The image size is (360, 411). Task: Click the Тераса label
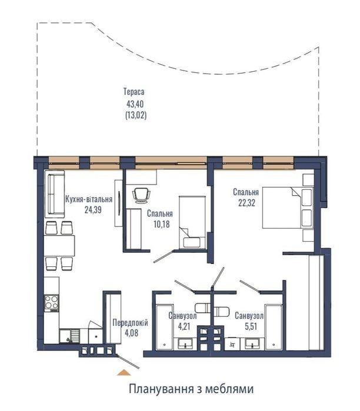coord(134,92)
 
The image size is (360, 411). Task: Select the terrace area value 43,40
coord(135,104)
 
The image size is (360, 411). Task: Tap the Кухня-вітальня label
coord(89,199)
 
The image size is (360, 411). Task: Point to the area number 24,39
coord(93,210)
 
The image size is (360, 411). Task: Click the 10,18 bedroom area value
coord(162,224)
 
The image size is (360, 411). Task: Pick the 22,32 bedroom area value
coord(246,203)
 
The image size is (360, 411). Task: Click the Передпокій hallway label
coord(131,323)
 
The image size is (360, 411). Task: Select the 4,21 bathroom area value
coord(184,327)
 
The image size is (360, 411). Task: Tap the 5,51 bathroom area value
coord(251,327)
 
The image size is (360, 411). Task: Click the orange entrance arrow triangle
coord(124,373)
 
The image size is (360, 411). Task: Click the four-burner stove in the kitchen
coord(51,303)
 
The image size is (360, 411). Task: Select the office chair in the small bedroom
coord(142,195)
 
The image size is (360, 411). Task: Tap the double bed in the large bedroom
coord(288,208)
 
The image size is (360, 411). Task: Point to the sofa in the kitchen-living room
coord(55,194)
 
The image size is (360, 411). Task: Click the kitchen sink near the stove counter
coord(69,336)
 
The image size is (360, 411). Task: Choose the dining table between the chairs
coord(59,246)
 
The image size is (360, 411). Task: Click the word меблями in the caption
coord(229,389)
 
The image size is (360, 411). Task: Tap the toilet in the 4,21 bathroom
coord(202,308)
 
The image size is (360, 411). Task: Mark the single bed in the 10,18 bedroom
coord(192,222)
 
